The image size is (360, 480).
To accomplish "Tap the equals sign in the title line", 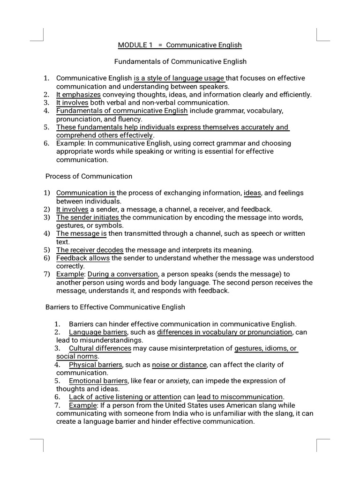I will [x=160, y=45].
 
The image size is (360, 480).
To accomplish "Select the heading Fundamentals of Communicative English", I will [x=180, y=61].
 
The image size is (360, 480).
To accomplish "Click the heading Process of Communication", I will [x=89, y=176].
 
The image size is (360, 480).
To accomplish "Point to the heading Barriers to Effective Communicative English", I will [x=115, y=307].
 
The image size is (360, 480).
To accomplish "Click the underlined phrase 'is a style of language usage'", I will [x=179, y=78].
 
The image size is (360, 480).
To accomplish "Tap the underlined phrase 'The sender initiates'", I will [x=88, y=217].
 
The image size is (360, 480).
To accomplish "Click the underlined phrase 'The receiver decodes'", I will [x=90, y=250].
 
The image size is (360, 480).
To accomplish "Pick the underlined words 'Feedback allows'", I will [x=83, y=258].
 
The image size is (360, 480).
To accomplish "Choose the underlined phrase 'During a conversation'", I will [x=123, y=274].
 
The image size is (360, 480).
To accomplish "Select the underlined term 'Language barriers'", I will [x=97, y=332].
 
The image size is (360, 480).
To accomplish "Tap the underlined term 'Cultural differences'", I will [x=100, y=348].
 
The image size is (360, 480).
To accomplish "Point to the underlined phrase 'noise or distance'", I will [x=179, y=365].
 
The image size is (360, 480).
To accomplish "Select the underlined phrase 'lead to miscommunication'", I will [x=240, y=397].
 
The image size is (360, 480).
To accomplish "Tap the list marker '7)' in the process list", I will [x=47, y=274].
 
